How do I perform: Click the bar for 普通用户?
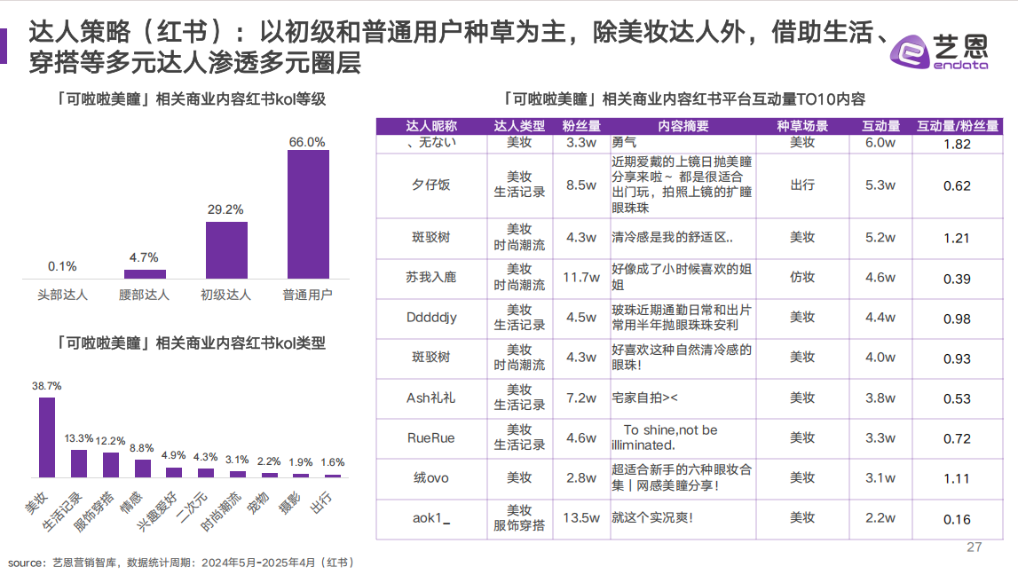[308, 214]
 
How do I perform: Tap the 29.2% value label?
[226, 209]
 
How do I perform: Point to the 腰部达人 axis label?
[144, 295]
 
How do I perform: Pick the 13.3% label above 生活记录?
[79, 438]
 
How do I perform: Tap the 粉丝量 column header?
[581, 126]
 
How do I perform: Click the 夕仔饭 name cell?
[431, 185]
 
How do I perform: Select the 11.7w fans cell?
[581, 278]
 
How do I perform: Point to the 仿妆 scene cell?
[802, 278]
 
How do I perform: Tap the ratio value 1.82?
[957, 144]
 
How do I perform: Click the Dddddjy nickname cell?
[431, 318]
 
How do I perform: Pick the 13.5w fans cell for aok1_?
[581, 518]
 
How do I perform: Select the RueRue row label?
[431, 437]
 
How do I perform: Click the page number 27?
[974, 547]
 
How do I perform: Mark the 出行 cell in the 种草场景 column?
[802, 185]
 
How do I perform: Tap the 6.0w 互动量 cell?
[880, 143]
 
